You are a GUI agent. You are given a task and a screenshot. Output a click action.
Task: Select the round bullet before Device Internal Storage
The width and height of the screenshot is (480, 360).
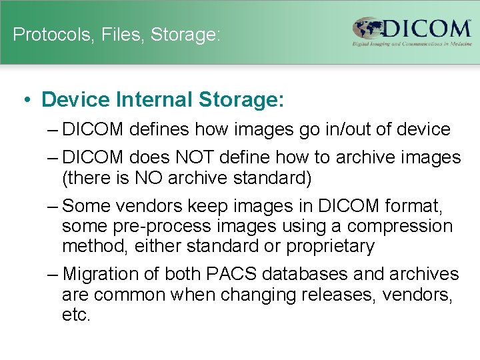[24, 100]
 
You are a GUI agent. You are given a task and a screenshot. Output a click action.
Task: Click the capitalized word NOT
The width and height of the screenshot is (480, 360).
[195, 158]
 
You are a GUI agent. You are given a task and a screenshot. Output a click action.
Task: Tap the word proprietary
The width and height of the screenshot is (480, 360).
[330, 246]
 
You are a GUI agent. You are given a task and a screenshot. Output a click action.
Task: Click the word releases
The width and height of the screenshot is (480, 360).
[341, 295]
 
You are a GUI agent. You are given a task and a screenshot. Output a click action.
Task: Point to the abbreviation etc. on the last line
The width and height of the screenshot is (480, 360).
[75, 314]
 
